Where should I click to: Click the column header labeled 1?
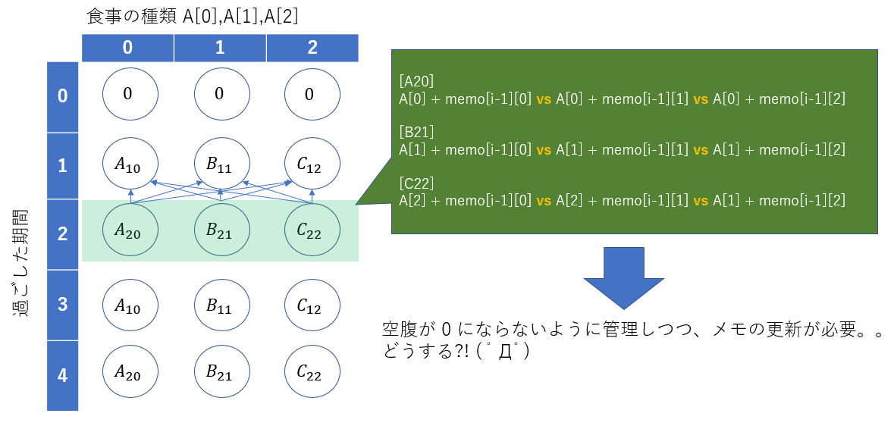(220, 48)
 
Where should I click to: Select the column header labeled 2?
(312, 48)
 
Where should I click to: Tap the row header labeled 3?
(64, 305)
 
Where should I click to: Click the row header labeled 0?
(64, 96)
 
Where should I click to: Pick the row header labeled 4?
(64, 375)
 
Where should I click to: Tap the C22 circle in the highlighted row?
(312, 231)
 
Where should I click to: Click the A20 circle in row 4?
(131, 372)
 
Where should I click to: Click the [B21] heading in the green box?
(416, 133)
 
